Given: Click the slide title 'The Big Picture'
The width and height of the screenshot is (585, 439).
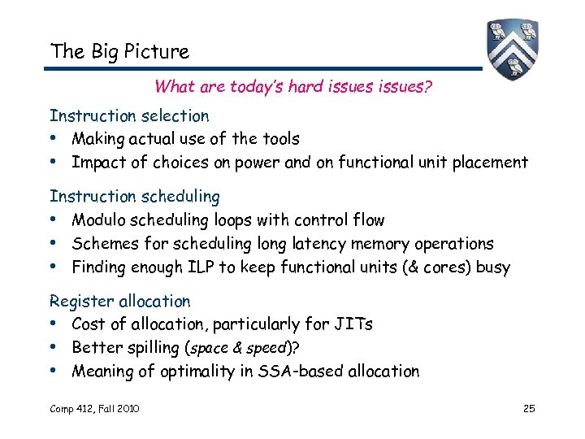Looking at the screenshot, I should point(119,51).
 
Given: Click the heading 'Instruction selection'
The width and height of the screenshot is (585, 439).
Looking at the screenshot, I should point(129,116).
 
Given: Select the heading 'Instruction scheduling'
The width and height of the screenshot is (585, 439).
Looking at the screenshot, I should point(135,196).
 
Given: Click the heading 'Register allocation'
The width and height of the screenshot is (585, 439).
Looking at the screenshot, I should point(120,301).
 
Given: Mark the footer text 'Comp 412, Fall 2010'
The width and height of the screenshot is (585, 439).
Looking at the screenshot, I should point(94,408).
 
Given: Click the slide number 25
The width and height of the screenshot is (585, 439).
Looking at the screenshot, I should point(528,408).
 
